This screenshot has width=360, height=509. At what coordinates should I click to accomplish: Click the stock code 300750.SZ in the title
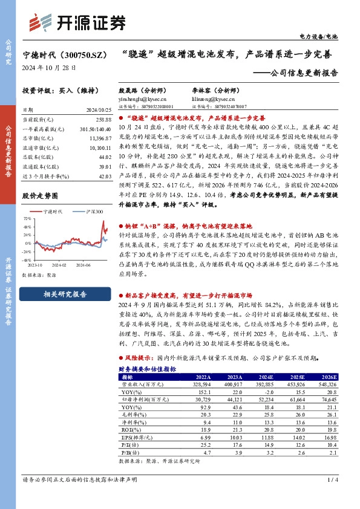pos(77,54)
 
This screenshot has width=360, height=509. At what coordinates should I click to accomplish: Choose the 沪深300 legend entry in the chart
pos(91,212)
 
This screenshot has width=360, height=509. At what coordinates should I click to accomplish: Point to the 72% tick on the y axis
pos(27,218)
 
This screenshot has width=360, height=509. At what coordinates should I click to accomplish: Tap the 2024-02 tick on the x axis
pos(58,264)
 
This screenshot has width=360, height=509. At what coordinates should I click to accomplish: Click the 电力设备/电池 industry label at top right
pos(324,37)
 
